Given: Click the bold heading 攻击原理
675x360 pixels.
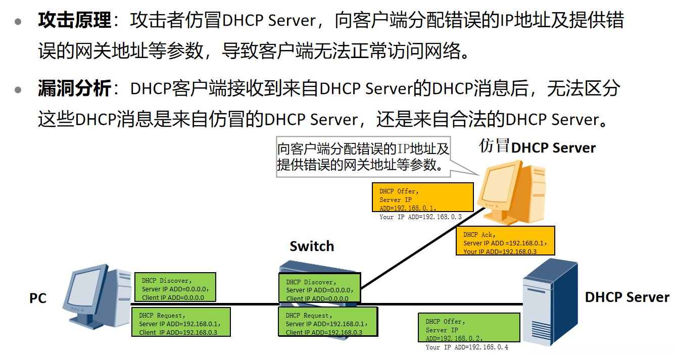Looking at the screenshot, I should [75, 21].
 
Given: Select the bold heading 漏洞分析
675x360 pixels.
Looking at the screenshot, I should [75, 89].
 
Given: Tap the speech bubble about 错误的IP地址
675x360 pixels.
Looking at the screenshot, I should [363, 157].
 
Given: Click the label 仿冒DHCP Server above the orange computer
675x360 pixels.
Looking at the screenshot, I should [538, 147].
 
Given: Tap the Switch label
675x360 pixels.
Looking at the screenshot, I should [312, 246].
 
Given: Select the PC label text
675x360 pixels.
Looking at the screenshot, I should [38, 298].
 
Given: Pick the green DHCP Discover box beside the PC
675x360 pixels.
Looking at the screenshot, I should [175, 287].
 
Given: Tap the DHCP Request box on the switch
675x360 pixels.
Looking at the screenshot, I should [327, 322].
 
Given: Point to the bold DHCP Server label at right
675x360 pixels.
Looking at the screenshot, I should [627, 297].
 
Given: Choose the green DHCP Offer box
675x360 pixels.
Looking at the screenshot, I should [469, 327].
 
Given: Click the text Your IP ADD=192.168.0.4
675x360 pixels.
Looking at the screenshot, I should [467, 347].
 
